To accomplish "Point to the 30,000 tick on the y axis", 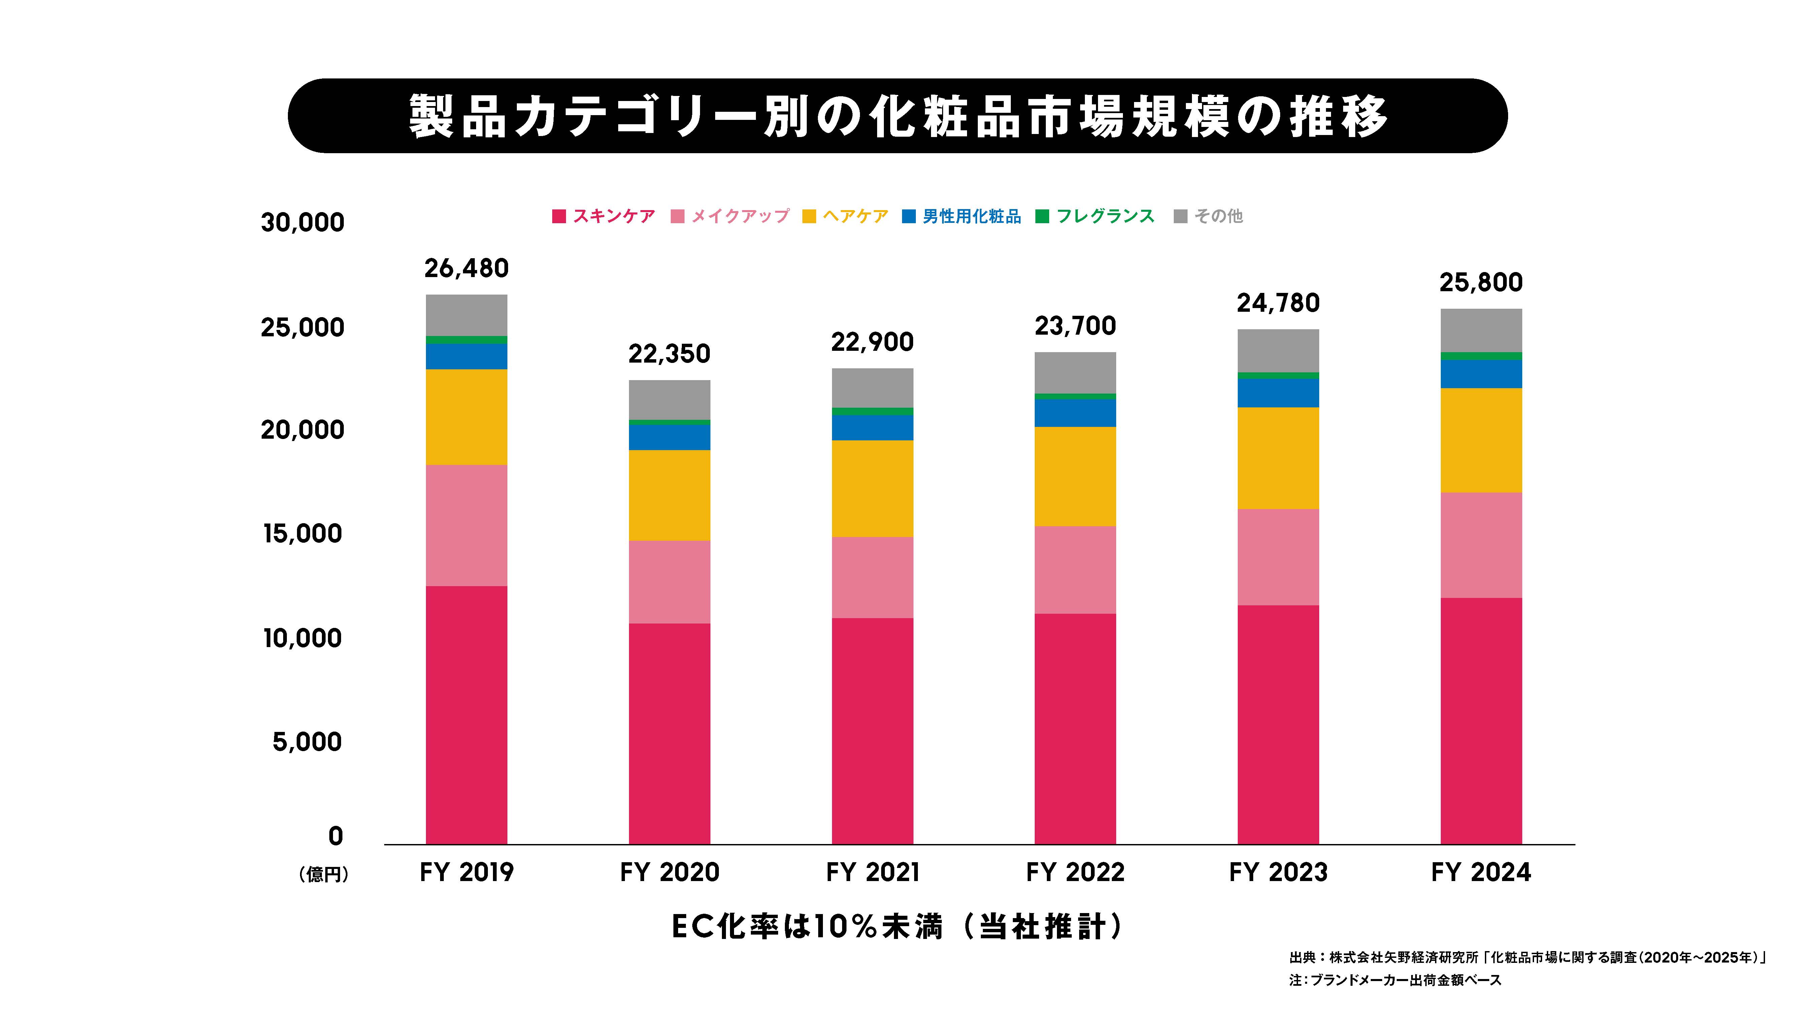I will click(303, 222).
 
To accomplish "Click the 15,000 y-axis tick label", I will click(303, 534).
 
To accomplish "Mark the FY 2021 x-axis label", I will click(872, 872).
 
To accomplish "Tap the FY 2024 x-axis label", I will click(1481, 872).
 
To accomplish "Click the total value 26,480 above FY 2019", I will click(466, 268).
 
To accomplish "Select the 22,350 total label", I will click(669, 354).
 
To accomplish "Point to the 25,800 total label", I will click(1481, 282).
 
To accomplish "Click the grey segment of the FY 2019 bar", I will click(466, 315).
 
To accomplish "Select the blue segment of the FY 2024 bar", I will click(1481, 374).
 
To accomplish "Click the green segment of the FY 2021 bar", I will click(872, 411).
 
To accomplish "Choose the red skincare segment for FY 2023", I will click(1278, 725).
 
